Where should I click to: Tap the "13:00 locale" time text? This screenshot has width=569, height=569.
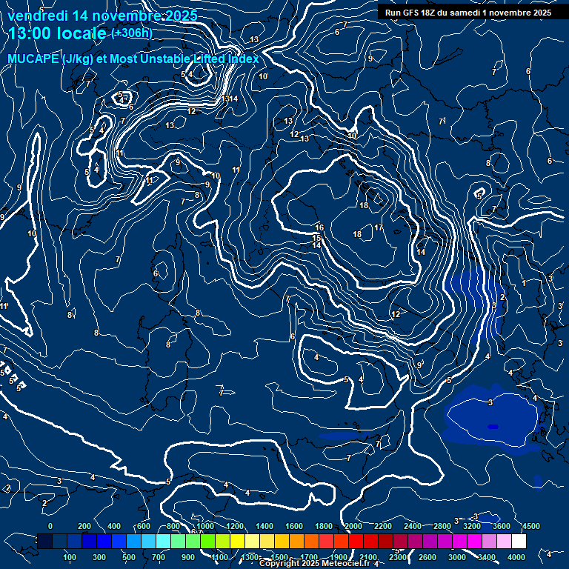coord(58,33)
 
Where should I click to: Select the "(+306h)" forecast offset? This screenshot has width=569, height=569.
coord(131,33)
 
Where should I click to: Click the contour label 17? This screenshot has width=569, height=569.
coord(379,228)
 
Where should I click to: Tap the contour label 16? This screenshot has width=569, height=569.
coord(319,227)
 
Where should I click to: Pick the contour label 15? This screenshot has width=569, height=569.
coord(316,238)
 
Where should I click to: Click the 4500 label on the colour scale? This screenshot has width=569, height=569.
coord(530,526)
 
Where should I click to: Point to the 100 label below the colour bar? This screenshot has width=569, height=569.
coord(70,557)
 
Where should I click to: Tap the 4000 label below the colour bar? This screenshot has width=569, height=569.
coord(516,557)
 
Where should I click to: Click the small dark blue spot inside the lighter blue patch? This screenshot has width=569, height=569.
coord(493,427)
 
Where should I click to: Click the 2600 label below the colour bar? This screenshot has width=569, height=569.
coord(427,557)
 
